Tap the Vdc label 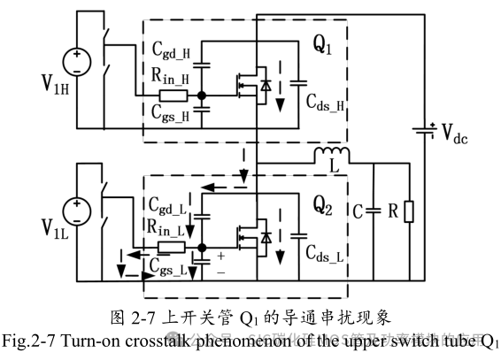(462, 134)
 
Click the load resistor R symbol (407, 212)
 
